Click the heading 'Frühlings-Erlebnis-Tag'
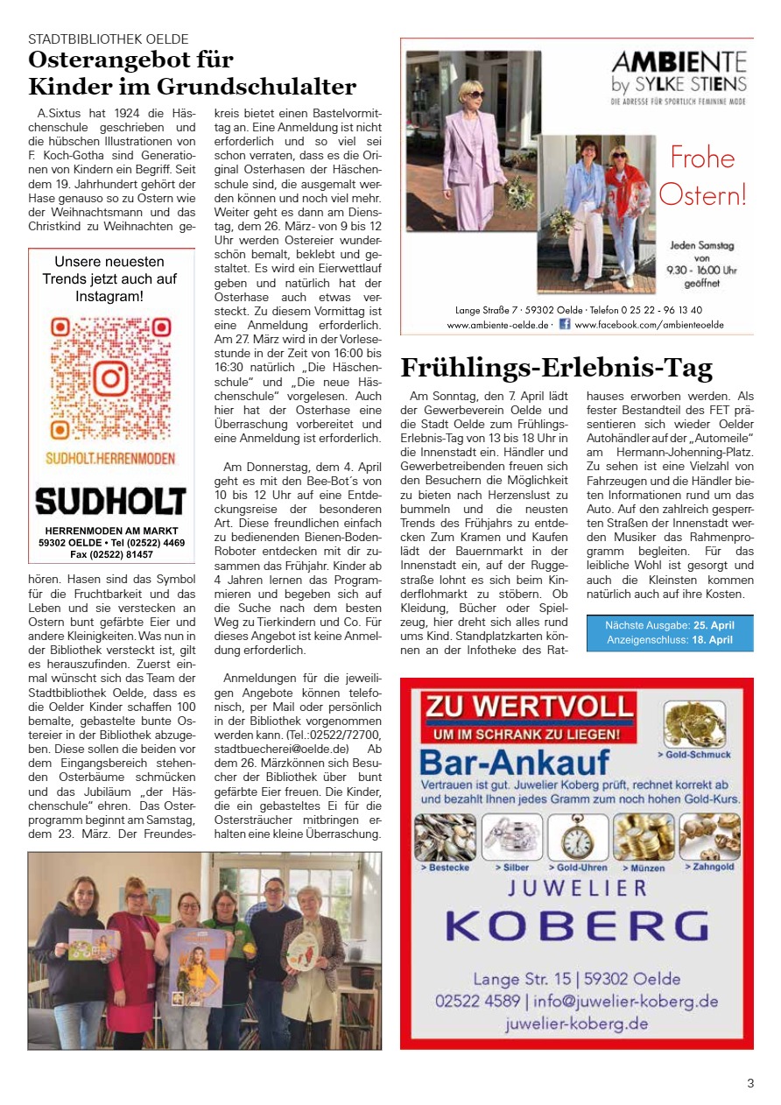tap(556, 368)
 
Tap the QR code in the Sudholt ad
tap(110, 377)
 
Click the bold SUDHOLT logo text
tap(110, 502)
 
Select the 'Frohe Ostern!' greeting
tap(702, 176)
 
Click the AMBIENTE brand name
tap(679, 62)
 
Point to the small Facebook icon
tap(565, 324)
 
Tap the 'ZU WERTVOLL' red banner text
tap(529, 707)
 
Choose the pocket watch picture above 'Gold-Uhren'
tap(578, 837)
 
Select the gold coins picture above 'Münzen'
tap(644, 837)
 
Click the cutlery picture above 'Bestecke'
tap(445, 837)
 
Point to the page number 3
tap(750, 1083)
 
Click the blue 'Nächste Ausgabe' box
tap(670, 633)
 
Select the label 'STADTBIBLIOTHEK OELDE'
tap(109, 39)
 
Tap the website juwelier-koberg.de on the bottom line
tap(577, 1024)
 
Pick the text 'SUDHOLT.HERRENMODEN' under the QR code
tap(110, 458)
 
